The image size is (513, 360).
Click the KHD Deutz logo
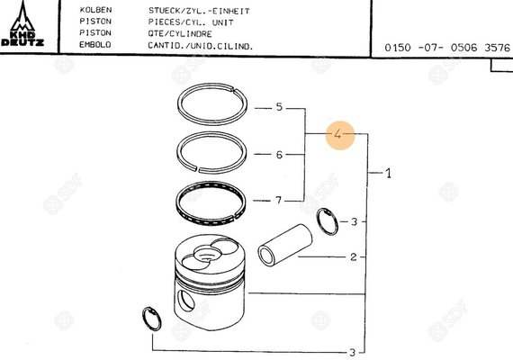click(x=21, y=25)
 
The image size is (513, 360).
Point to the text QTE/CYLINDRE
click(x=181, y=32)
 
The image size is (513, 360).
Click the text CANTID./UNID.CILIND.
click(x=200, y=44)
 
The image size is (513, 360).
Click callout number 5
click(x=279, y=107)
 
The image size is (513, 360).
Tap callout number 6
click(x=279, y=155)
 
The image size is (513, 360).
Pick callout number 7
click(x=279, y=200)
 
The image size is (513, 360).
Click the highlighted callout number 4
click(x=337, y=135)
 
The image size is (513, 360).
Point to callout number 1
click(x=388, y=173)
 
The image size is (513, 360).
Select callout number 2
click(x=354, y=256)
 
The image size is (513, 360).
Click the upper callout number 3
click(x=354, y=220)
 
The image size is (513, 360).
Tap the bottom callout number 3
click(x=352, y=351)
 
